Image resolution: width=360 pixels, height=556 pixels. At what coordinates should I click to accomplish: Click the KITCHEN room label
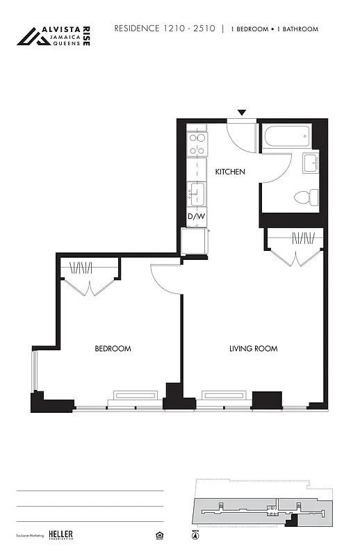(229, 172)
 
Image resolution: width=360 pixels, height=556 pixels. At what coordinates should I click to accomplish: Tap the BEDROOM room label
(113, 349)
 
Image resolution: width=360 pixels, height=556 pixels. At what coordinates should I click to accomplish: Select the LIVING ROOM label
(253, 349)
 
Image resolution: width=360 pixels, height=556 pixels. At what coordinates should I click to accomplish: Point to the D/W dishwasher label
(197, 217)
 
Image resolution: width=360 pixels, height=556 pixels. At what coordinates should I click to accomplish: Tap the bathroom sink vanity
(310, 165)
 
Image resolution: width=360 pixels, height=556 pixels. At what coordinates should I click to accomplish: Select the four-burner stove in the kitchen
(197, 143)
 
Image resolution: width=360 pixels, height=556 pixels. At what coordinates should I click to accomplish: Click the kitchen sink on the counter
(197, 193)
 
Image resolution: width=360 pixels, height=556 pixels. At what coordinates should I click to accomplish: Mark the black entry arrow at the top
(241, 113)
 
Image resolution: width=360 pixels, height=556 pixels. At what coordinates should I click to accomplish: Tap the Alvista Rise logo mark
(33, 36)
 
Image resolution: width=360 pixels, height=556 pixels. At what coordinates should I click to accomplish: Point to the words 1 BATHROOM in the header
(299, 29)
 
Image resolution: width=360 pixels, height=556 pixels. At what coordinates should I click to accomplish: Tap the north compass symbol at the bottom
(195, 535)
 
